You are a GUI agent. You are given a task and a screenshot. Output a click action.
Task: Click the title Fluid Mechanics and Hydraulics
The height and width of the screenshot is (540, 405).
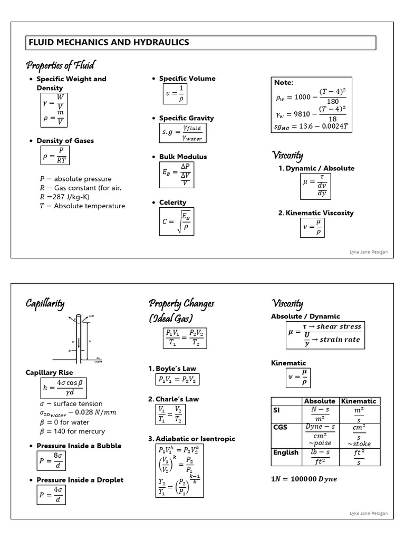pos(109,43)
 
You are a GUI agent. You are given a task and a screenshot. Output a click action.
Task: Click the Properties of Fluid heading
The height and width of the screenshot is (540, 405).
pos(60,65)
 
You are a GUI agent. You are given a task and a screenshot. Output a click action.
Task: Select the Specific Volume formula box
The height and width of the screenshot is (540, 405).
pos(175,94)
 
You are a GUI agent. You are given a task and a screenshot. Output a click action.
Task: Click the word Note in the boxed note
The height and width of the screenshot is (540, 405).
pos(284,82)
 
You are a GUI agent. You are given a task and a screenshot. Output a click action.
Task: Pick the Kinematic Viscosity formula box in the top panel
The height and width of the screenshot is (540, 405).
pos(312,228)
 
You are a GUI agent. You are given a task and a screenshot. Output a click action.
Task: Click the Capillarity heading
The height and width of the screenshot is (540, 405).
pos(45,304)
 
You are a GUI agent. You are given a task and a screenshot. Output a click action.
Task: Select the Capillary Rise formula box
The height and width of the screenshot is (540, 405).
pos(63,389)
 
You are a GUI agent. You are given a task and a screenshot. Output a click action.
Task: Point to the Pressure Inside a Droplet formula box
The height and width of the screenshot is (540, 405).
pos(51,496)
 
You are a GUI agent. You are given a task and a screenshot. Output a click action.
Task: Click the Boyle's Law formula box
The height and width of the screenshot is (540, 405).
pos(178,380)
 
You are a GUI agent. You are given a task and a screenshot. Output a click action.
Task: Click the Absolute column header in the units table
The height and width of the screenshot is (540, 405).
pos(320,401)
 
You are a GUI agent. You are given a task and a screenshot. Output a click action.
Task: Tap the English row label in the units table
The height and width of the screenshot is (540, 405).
pos(286,452)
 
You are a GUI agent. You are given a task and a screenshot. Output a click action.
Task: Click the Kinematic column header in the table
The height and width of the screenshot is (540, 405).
pos(359,401)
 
